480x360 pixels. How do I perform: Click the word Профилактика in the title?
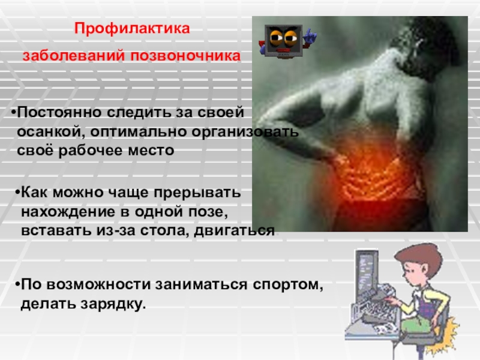(131, 29)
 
